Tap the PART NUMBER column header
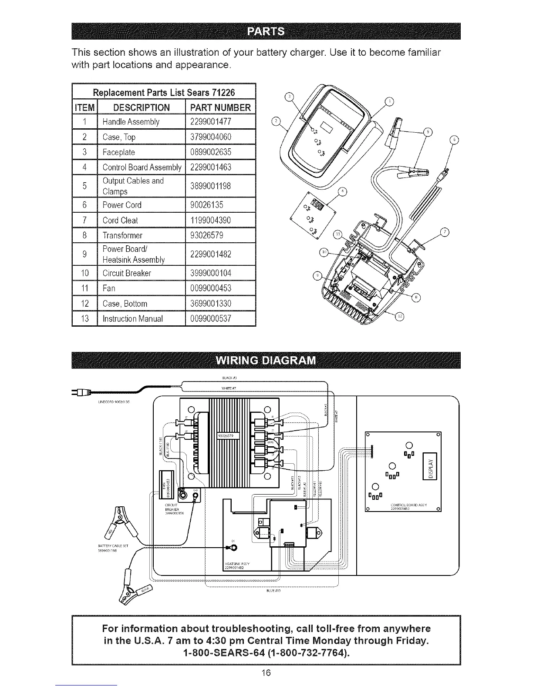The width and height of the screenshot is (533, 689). click(220, 107)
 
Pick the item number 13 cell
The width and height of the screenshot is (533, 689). click(85, 318)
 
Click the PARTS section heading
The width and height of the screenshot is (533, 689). click(266, 31)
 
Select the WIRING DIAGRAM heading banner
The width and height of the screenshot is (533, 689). click(266, 361)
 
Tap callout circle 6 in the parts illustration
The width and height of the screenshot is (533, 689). click(454, 140)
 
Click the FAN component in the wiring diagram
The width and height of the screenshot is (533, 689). click(167, 484)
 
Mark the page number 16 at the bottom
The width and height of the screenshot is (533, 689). click(266, 673)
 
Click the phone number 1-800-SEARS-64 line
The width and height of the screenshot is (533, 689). click(266, 653)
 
